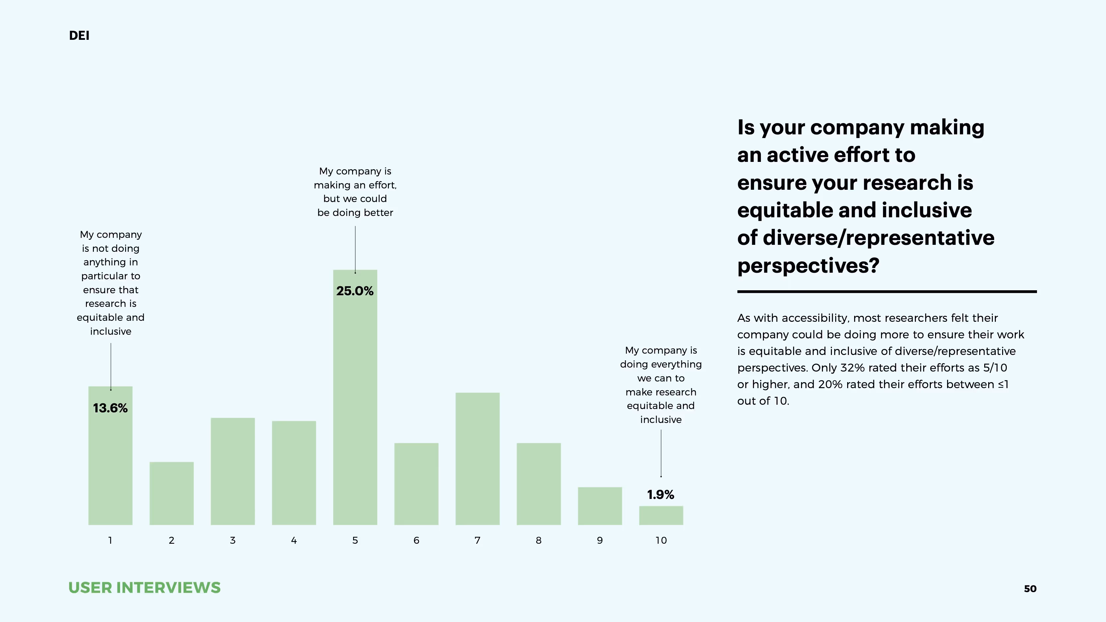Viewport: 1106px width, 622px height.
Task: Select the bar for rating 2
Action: point(171,493)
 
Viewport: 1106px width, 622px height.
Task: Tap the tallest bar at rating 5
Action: point(355,408)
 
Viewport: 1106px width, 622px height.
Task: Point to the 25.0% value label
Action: point(355,291)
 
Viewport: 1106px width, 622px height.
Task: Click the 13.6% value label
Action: point(111,408)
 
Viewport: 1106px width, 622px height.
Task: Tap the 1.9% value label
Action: point(660,495)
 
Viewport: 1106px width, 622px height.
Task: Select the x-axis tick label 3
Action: point(233,540)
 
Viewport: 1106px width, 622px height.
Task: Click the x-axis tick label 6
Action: point(416,540)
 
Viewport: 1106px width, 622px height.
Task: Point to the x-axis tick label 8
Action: point(539,540)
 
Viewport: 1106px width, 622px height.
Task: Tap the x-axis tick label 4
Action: point(294,540)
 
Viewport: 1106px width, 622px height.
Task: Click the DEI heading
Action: point(79,35)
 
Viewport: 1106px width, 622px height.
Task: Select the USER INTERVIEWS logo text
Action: point(144,587)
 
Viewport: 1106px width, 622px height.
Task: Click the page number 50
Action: point(1030,589)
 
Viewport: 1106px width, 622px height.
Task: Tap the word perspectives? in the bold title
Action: point(808,266)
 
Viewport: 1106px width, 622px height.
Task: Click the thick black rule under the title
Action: point(887,292)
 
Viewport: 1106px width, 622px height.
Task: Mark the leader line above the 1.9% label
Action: point(661,453)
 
